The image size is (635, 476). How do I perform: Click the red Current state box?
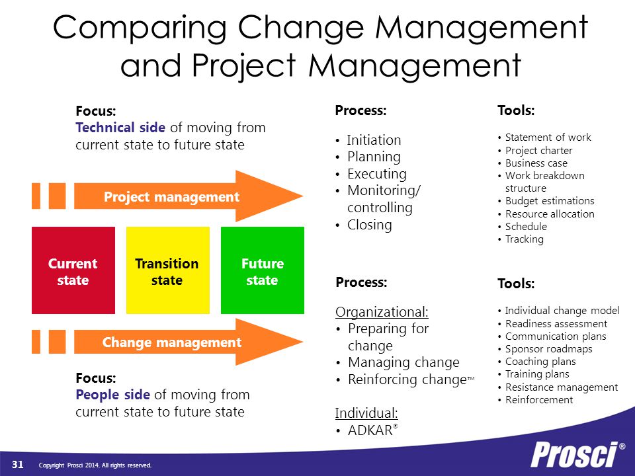coord(73,270)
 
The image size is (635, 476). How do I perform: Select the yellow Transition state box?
coord(167,270)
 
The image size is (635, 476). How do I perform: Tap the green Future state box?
coord(263,270)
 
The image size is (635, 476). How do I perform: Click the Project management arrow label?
coord(171,197)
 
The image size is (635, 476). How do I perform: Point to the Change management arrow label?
coord(172,342)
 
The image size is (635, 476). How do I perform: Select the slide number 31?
coord(17,464)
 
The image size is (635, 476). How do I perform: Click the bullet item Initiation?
coord(374,140)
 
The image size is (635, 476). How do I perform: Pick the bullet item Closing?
coord(369,225)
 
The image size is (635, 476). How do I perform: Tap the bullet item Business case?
coord(536,163)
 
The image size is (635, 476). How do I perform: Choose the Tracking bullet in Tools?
coord(525,239)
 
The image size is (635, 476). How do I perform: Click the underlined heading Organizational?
coord(382,312)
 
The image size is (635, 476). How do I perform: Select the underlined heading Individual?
coord(366,413)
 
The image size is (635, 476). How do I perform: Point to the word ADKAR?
coord(370,430)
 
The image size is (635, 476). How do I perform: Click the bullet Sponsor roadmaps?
coord(549,349)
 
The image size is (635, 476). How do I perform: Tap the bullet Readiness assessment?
coord(556,324)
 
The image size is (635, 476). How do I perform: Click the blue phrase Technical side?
coord(120,128)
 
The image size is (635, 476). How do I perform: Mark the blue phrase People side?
coord(112,395)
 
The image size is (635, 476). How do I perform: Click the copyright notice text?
coord(95,465)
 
